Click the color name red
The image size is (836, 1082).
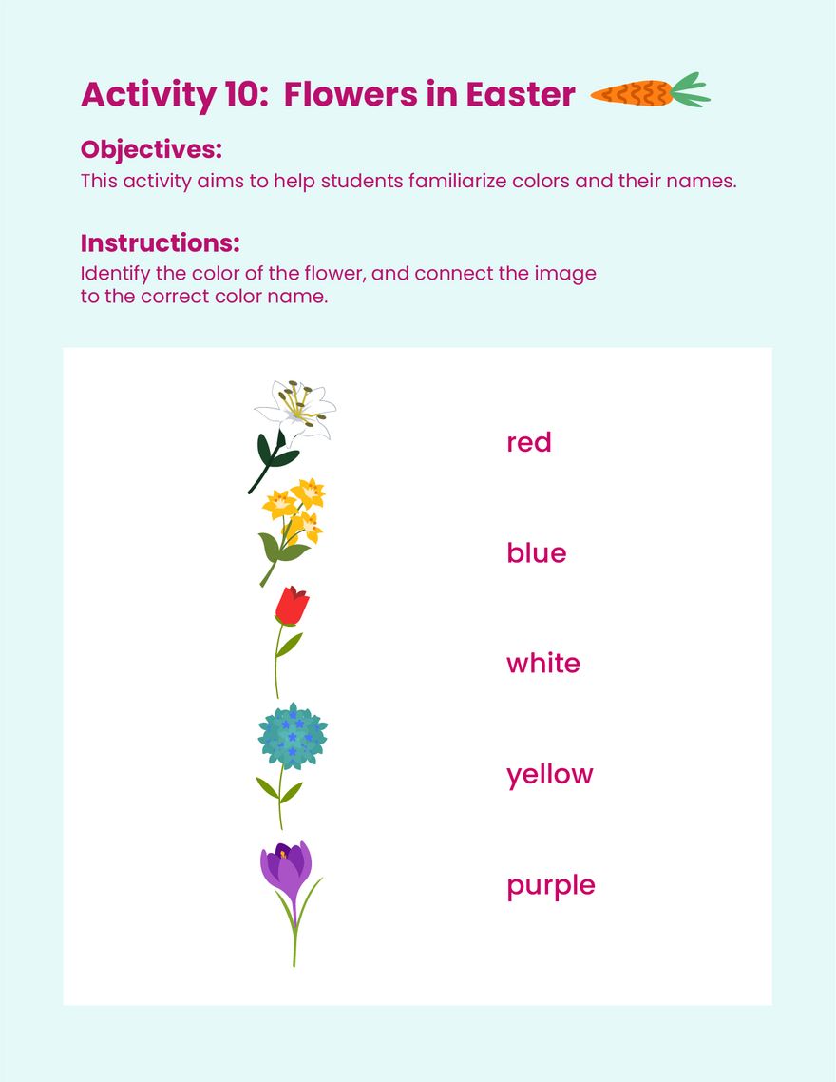[x=528, y=442]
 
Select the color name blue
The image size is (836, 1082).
[x=536, y=553]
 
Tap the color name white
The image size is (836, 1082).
[x=542, y=664]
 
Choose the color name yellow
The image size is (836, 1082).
[x=549, y=775]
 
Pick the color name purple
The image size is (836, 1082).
[x=550, y=886]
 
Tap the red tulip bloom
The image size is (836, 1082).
[x=292, y=606]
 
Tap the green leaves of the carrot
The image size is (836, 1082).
[x=690, y=90]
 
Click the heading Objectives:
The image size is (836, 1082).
[x=151, y=149]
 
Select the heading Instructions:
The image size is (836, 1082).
[x=160, y=242]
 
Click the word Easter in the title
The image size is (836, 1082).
[x=521, y=94]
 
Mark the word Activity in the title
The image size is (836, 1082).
[x=148, y=94]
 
